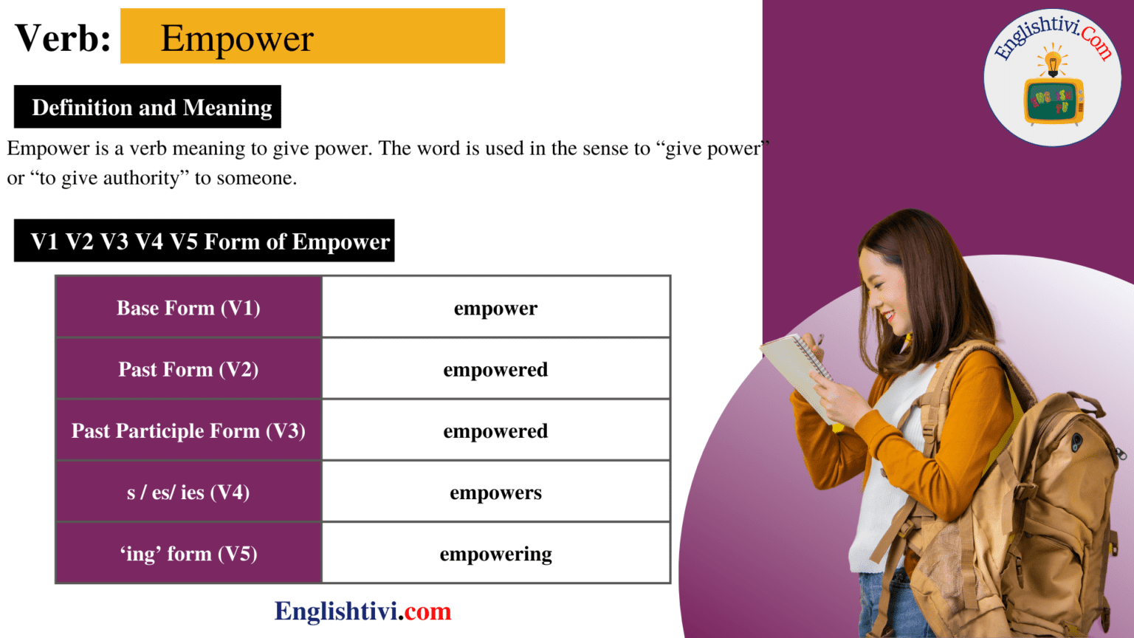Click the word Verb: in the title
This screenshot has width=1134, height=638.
(63, 38)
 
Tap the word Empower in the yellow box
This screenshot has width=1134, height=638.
(237, 38)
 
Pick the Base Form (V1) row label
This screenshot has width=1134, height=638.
(188, 308)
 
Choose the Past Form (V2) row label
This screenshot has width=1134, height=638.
(188, 369)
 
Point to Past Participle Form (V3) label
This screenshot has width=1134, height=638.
(188, 431)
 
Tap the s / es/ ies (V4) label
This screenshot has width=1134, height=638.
(188, 492)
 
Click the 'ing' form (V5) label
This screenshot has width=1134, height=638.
(188, 554)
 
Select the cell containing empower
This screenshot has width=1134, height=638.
(495, 308)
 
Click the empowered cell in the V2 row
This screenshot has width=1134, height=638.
(495, 369)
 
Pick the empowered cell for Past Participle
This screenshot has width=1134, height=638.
(495, 431)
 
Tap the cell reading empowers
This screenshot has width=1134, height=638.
(495, 492)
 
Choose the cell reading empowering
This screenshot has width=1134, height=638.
(495, 554)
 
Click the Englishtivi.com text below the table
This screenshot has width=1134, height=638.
(362, 611)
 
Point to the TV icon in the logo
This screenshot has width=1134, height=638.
(1053, 100)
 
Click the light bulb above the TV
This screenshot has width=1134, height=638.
(1053, 62)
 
